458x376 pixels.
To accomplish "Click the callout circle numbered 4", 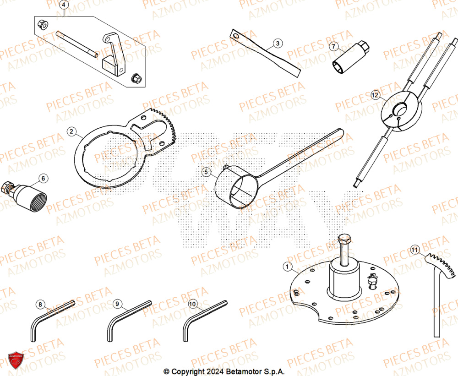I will coord(64,5).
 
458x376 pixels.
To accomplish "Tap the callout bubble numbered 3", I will coord(277,44).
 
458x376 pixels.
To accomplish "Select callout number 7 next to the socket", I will coord(333,46).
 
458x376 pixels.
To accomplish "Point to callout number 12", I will coord(376,96).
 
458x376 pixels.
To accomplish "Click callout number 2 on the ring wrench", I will coord(71,132).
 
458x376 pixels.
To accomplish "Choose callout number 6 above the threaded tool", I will coord(43,178).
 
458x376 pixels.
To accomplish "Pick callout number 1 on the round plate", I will coord(287,266).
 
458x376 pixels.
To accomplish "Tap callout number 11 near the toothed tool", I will coord(414,250).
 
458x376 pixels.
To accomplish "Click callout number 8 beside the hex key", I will coord(40,304).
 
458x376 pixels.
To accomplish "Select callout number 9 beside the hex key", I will coord(117,304).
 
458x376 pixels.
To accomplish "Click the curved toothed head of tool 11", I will coord(442,265).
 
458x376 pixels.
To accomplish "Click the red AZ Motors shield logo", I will coord(15,360).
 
